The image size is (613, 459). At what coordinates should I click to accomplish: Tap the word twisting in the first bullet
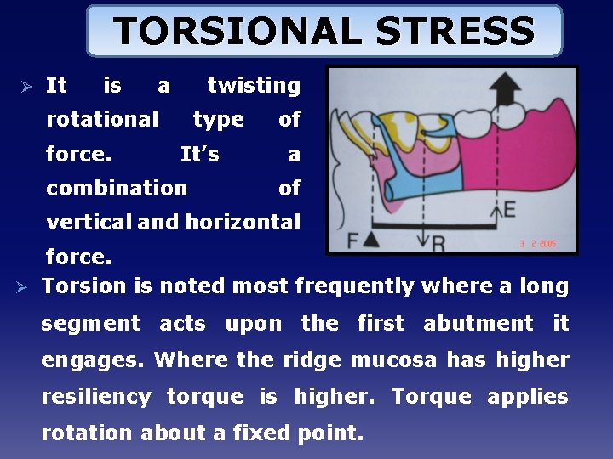(254, 86)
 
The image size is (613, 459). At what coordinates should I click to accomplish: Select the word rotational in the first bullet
(102, 120)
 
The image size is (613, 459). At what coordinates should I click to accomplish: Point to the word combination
(117, 188)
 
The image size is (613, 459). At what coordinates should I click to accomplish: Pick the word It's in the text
(200, 155)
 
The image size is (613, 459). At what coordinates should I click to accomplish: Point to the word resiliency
(96, 397)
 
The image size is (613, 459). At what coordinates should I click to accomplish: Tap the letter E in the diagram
(509, 207)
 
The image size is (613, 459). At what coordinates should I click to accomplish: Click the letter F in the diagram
(353, 241)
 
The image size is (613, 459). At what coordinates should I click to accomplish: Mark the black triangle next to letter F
(372, 241)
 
